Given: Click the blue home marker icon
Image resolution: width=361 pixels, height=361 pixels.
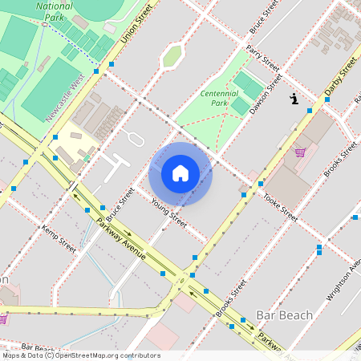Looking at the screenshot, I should click(x=180, y=173).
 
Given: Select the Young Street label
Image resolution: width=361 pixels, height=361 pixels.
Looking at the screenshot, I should click(x=169, y=213).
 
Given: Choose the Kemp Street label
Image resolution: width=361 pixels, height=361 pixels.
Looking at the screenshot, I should click(x=59, y=240).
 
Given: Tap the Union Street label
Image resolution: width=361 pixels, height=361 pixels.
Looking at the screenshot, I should click(x=136, y=23).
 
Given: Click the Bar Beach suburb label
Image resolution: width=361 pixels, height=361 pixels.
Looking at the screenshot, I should click(x=284, y=314).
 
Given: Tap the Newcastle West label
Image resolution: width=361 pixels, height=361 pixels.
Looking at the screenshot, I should click(x=66, y=97).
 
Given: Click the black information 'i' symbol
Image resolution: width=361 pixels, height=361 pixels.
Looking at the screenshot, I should click(x=294, y=99).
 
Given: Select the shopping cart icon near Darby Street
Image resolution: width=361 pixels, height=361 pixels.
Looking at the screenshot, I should click(x=300, y=152).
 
